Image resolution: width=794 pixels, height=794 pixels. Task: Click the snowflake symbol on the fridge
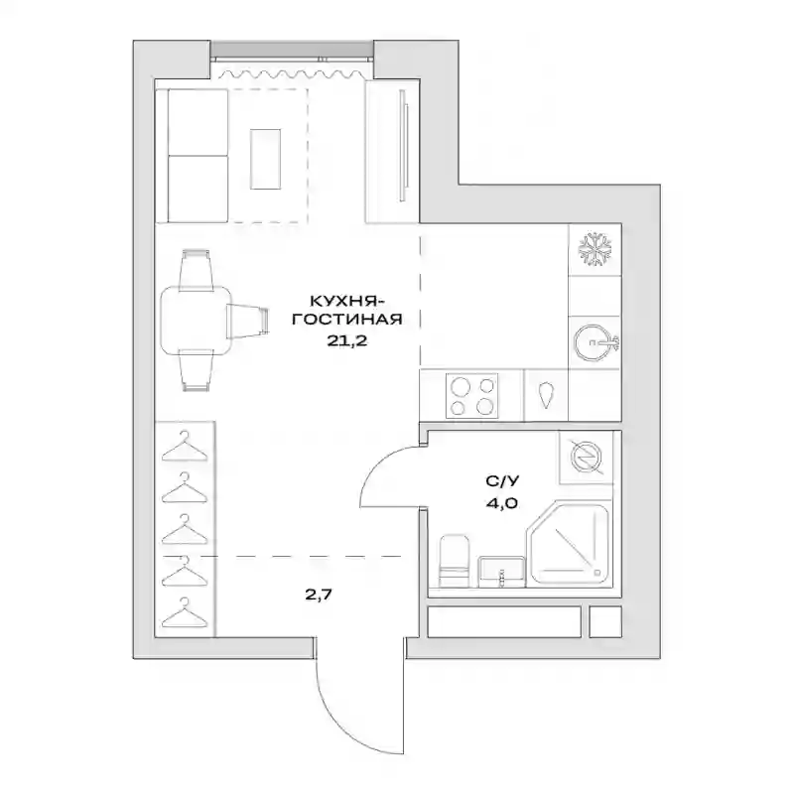(x=595, y=250)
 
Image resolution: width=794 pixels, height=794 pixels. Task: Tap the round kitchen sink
(x=593, y=342)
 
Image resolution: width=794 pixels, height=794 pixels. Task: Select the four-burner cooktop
(x=471, y=396)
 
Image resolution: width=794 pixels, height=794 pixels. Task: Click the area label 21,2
(x=346, y=340)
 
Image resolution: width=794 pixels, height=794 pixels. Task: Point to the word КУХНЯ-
(x=348, y=301)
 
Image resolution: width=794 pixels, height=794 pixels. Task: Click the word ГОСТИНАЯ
(x=347, y=320)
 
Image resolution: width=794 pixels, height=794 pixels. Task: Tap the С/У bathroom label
(x=502, y=481)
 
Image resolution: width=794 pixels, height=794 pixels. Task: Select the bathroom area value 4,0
(x=503, y=504)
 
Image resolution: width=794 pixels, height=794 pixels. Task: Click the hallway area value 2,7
(x=319, y=594)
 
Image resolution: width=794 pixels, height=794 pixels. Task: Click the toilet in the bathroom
(x=454, y=561)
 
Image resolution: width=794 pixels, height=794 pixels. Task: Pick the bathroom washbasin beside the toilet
(x=501, y=572)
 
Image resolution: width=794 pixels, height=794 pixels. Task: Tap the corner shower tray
(x=568, y=545)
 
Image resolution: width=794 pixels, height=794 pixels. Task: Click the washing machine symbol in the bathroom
(x=586, y=458)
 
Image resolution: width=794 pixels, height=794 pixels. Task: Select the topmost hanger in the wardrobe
(x=185, y=446)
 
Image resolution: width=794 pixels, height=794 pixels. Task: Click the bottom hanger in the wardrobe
(x=185, y=613)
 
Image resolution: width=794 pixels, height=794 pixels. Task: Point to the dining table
(x=196, y=320)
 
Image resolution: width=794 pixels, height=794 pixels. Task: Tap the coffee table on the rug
(x=265, y=159)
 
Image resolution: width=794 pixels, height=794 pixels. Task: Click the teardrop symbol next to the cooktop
(x=546, y=395)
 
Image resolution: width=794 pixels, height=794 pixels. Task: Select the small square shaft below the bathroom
(x=605, y=622)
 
